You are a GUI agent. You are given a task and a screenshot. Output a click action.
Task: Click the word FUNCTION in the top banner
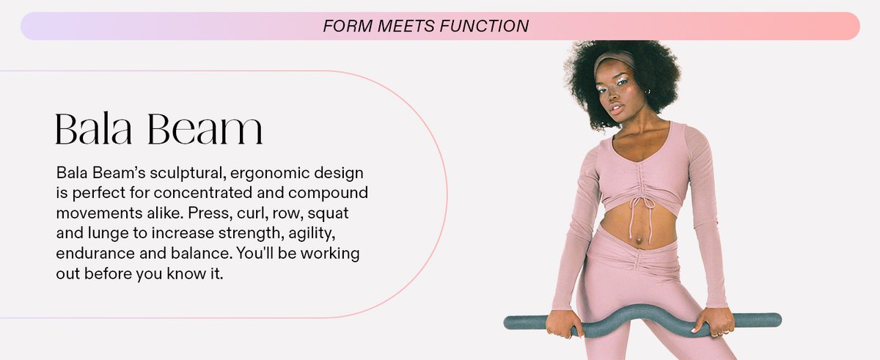click(485, 26)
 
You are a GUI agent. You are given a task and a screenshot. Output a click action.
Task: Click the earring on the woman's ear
click(646, 92)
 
